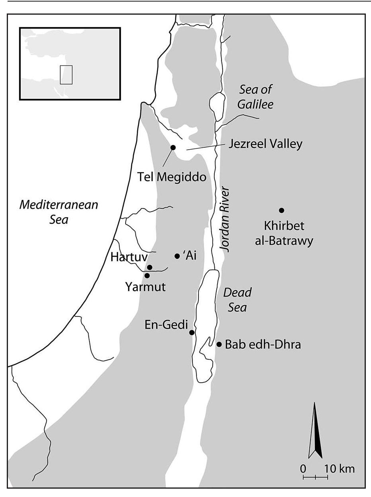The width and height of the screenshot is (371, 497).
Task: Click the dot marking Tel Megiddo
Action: pos(173,147)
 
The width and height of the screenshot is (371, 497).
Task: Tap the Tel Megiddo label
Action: pos(172,177)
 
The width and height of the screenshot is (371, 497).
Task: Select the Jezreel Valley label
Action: pos(265,143)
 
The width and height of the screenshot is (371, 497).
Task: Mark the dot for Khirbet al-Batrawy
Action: pos(282,210)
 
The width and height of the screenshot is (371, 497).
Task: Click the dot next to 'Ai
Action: pos(177,256)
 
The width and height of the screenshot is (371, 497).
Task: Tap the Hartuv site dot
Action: pos(150,267)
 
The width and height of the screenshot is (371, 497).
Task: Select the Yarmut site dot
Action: pos(147,275)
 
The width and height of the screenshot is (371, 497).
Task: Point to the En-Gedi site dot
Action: pos(192,332)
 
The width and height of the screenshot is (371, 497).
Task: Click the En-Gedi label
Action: pos(167,325)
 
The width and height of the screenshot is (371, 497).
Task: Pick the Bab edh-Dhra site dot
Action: pos(219,344)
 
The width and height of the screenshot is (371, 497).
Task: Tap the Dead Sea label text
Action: pos(237,300)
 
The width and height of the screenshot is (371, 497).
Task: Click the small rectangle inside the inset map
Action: pos(66,74)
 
